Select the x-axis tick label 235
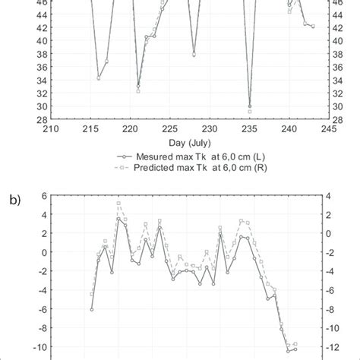[250, 129]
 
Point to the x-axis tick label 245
[329, 129]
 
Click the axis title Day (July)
[189, 142]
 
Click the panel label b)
[15, 201]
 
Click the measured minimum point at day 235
[250, 106]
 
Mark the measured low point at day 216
[99, 78]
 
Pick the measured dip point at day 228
[194, 55]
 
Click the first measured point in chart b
[91, 309]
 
